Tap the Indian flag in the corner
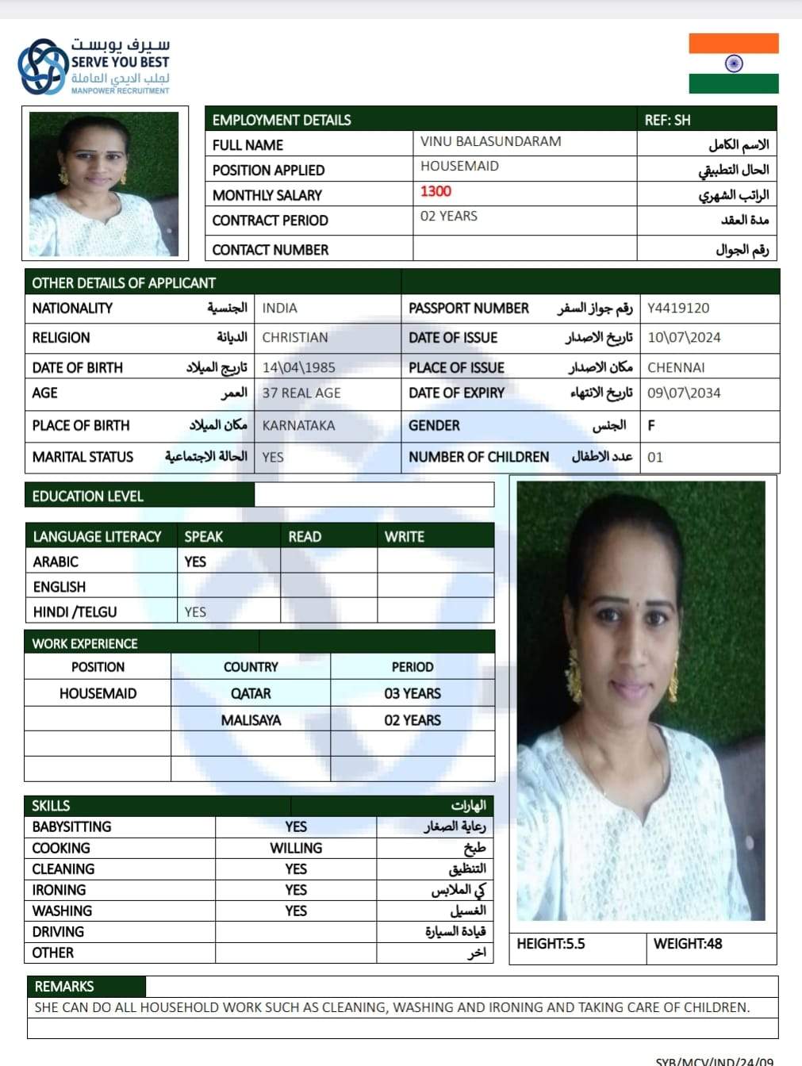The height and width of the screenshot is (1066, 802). pyautogui.click(x=733, y=63)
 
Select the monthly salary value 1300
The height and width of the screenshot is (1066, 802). pyautogui.click(x=436, y=191)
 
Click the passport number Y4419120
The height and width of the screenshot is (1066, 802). pyautogui.click(x=678, y=309)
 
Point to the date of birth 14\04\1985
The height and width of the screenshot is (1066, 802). pyautogui.click(x=298, y=368)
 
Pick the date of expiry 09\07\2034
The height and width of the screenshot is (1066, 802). pyautogui.click(x=684, y=393)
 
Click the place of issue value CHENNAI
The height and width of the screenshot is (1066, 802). pyautogui.click(x=676, y=368)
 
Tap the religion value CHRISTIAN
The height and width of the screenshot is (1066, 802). pyautogui.click(x=294, y=338)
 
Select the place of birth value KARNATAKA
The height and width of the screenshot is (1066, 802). pyautogui.click(x=298, y=426)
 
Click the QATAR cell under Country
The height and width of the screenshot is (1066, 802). pyautogui.click(x=251, y=694)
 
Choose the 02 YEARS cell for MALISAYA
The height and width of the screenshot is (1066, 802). pyautogui.click(x=413, y=720)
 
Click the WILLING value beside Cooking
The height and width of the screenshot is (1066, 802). pyautogui.click(x=296, y=849)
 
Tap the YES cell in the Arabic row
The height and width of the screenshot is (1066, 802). pyautogui.click(x=195, y=562)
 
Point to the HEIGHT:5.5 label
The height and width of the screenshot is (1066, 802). pyautogui.click(x=551, y=944)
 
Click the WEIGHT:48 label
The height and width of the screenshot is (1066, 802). pyautogui.click(x=688, y=944)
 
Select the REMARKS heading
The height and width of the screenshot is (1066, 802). pyautogui.click(x=64, y=987)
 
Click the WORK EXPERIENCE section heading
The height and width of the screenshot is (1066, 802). pyautogui.click(x=85, y=643)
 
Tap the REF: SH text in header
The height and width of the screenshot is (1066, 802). pyautogui.click(x=667, y=121)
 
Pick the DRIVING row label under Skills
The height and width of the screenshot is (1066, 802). pyautogui.click(x=58, y=932)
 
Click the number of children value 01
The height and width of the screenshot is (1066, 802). pyautogui.click(x=655, y=458)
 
